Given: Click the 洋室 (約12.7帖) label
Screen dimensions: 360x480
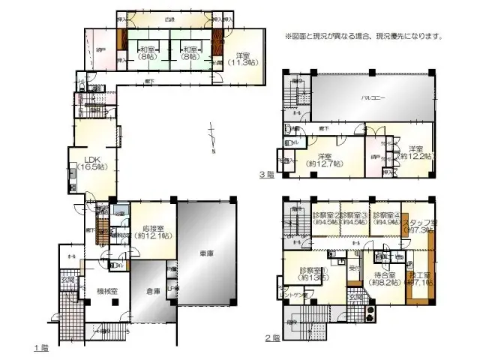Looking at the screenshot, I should tap(323, 159).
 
